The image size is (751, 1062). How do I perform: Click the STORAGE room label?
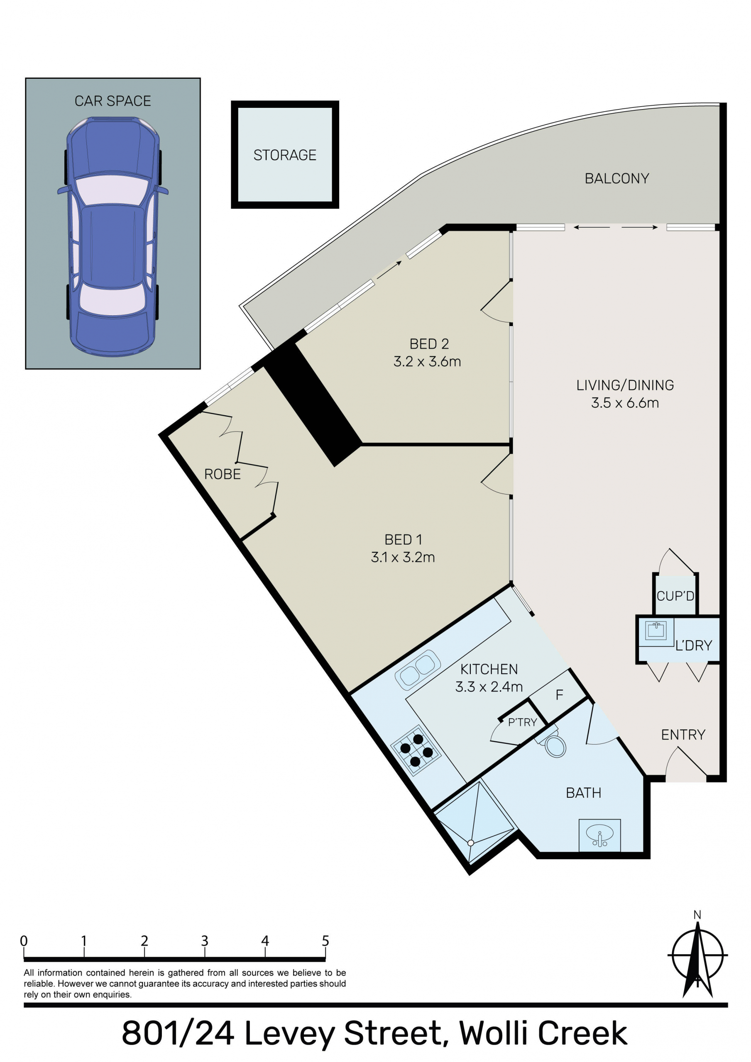coord(285,155)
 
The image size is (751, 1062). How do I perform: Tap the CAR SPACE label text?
coord(113,101)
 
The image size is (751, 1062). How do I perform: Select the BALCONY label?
coord(617,178)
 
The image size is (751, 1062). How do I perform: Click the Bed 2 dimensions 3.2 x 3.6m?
coord(427,361)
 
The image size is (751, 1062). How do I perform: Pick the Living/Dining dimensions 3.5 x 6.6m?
coord(625,402)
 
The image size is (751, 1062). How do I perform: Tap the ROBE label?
coord(222,474)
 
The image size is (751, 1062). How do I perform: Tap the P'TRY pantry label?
coord(522,722)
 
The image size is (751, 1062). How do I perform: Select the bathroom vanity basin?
coord(599,835)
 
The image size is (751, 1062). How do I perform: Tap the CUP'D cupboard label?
coord(675,596)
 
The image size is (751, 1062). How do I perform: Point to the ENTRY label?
coord(683,735)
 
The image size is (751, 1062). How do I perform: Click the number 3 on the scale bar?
coord(205,941)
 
